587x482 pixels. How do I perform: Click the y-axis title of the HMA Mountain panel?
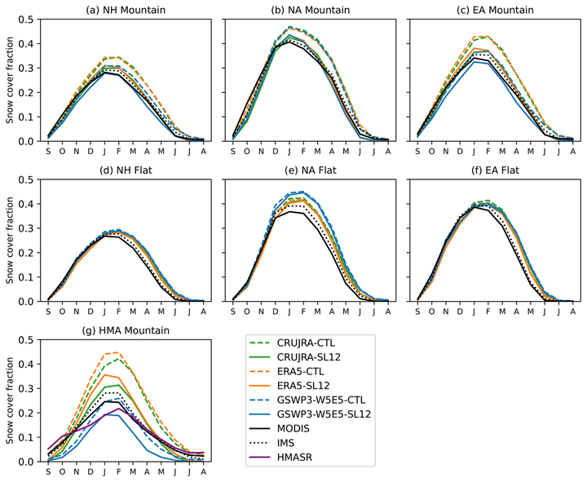[10, 400]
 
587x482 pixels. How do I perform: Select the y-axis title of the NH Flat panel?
[10, 240]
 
